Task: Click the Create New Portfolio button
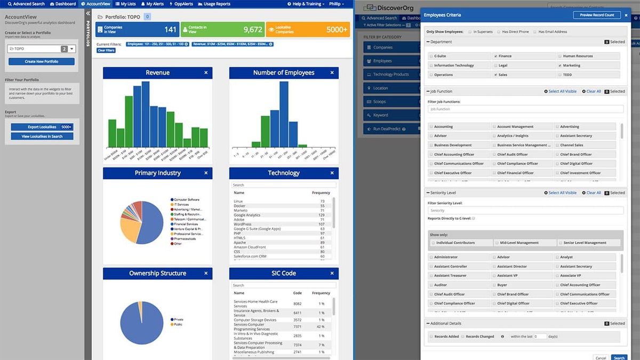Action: coord(42,61)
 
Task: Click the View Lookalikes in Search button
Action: coord(42,136)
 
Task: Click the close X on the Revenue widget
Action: coord(206,73)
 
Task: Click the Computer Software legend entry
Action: coord(186,199)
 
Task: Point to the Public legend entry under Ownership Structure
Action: coord(178,324)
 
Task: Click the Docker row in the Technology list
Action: coord(239,206)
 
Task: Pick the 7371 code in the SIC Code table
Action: coord(297,326)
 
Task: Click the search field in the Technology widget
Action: coord(283,185)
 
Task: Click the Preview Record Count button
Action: coord(597,15)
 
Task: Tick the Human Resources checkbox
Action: coord(559,56)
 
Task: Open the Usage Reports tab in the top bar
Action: coord(214,4)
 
